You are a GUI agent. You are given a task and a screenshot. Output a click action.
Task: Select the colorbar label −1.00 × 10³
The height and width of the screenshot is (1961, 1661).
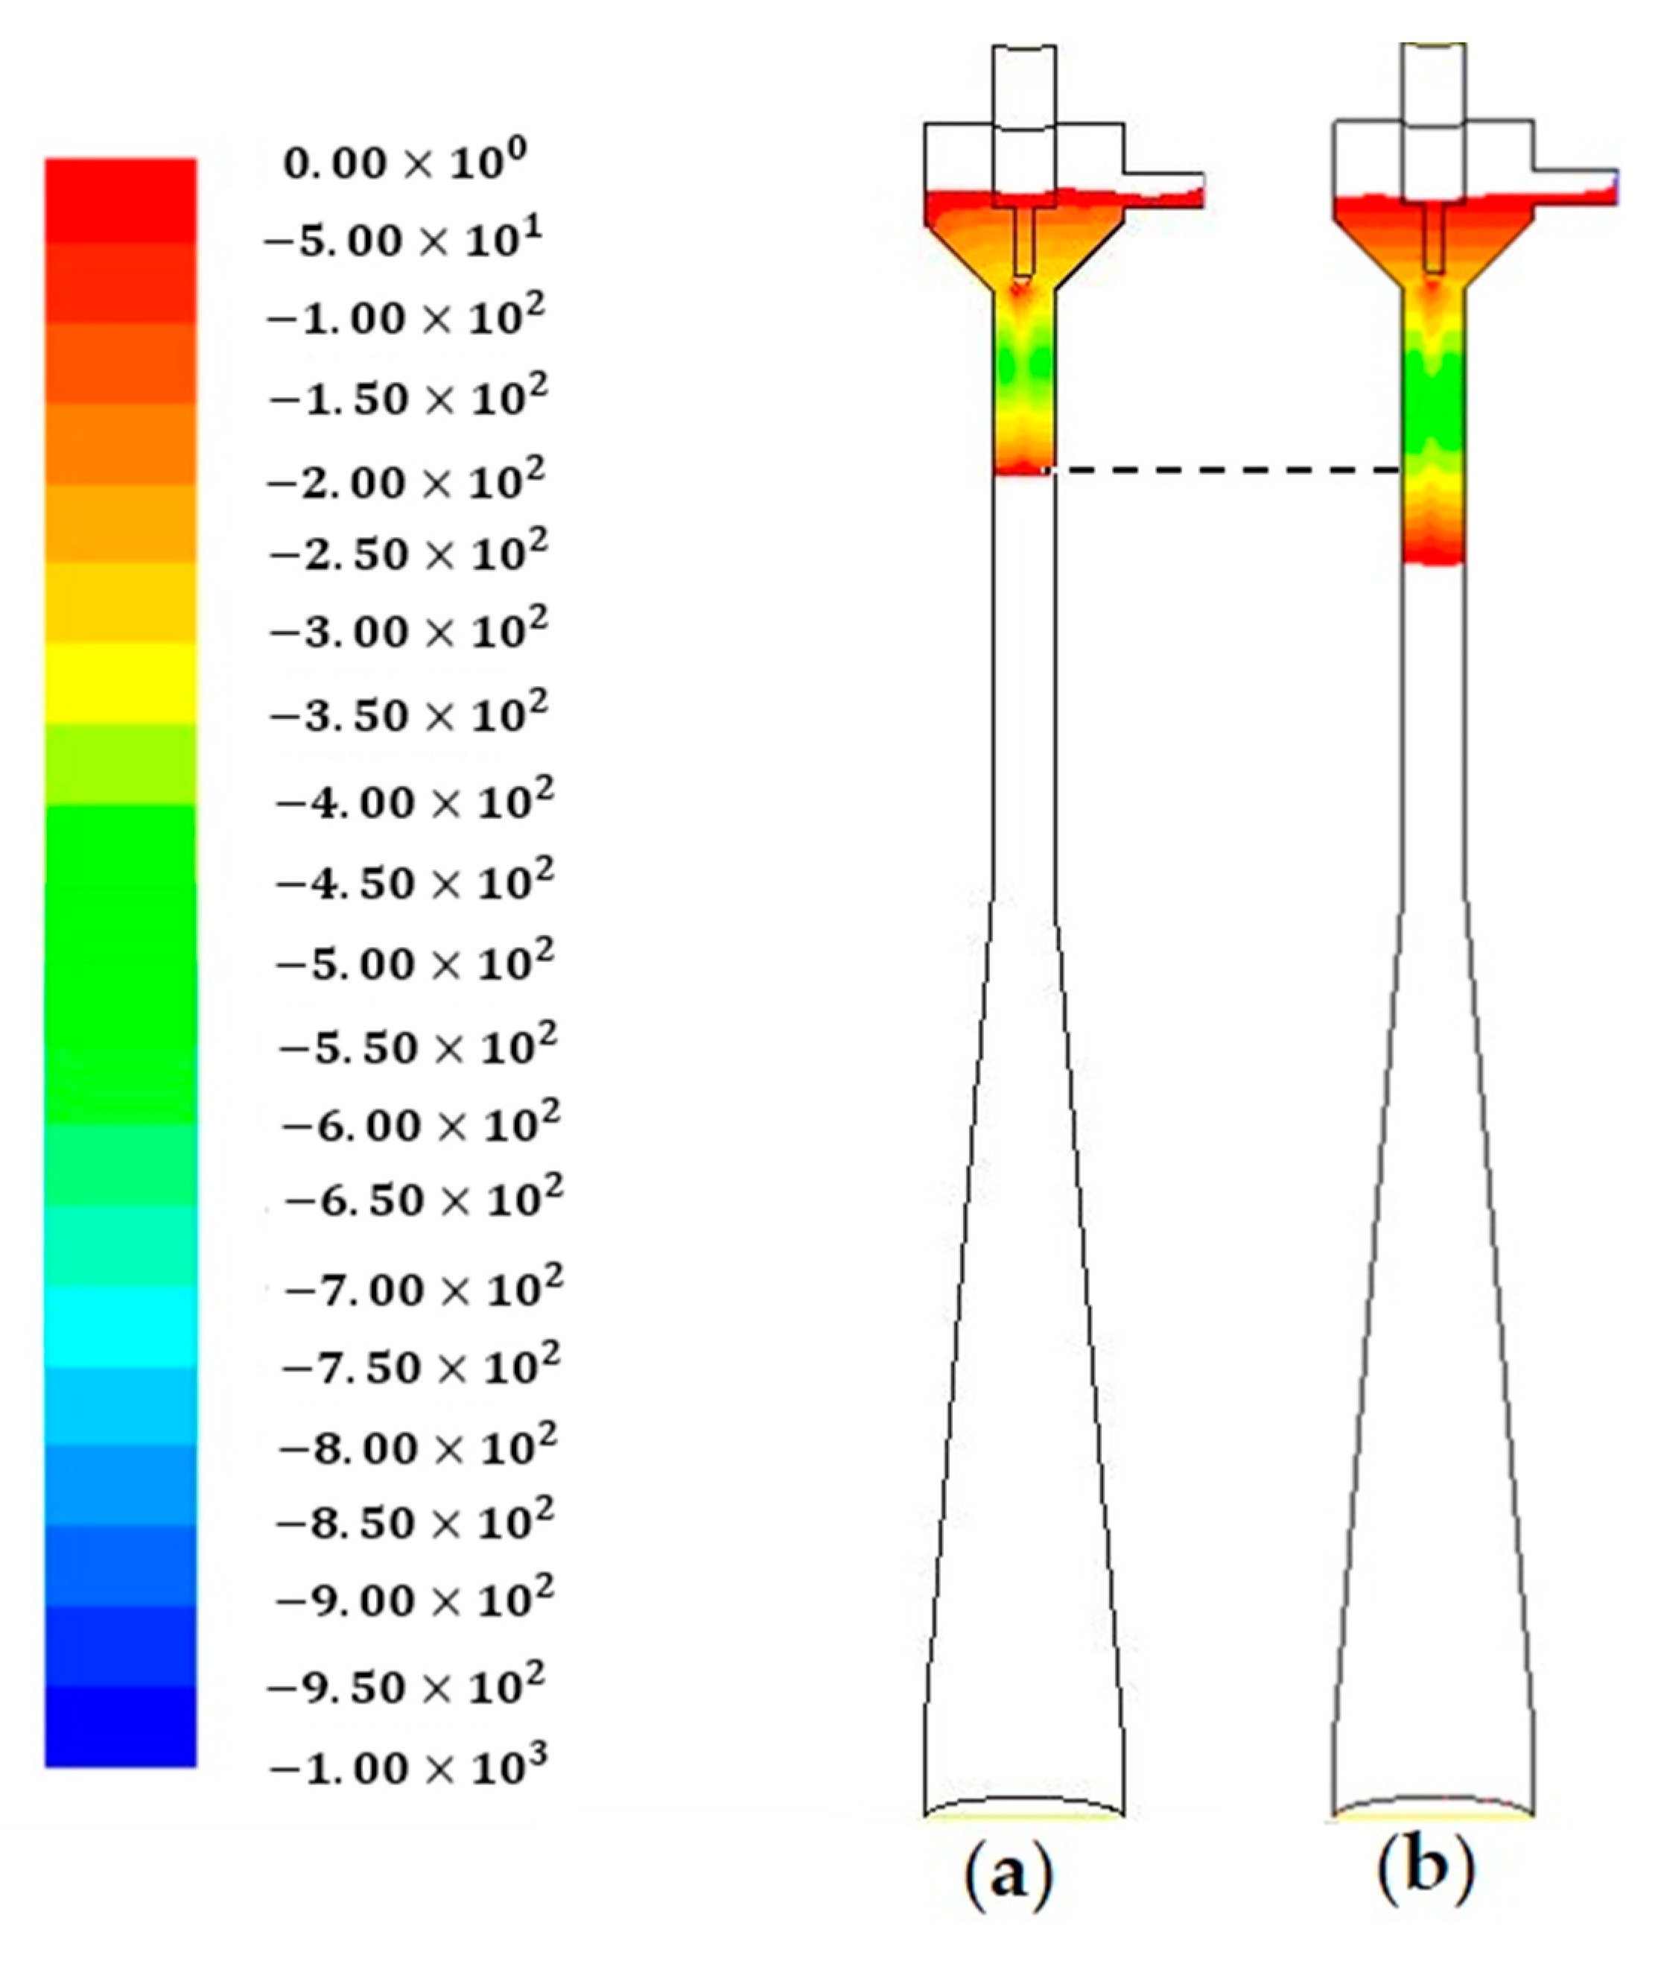[x=407, y=1768]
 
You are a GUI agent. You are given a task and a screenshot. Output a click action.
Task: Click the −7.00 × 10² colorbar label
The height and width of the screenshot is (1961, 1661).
[x=422, y=1288]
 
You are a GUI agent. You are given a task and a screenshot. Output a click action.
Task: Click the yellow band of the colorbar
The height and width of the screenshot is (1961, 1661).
[x=121, y=683]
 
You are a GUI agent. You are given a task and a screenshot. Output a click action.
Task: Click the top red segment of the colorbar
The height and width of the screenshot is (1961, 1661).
[x=121, y=200]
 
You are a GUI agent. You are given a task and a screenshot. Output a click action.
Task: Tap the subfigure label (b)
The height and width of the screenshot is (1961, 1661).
[x=1425, y=1875]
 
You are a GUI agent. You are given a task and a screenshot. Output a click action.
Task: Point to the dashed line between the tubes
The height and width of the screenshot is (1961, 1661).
[x=1224, y=469]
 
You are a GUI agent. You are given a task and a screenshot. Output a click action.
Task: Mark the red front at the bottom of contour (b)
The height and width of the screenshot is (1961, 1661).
[x=1432, y=556]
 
